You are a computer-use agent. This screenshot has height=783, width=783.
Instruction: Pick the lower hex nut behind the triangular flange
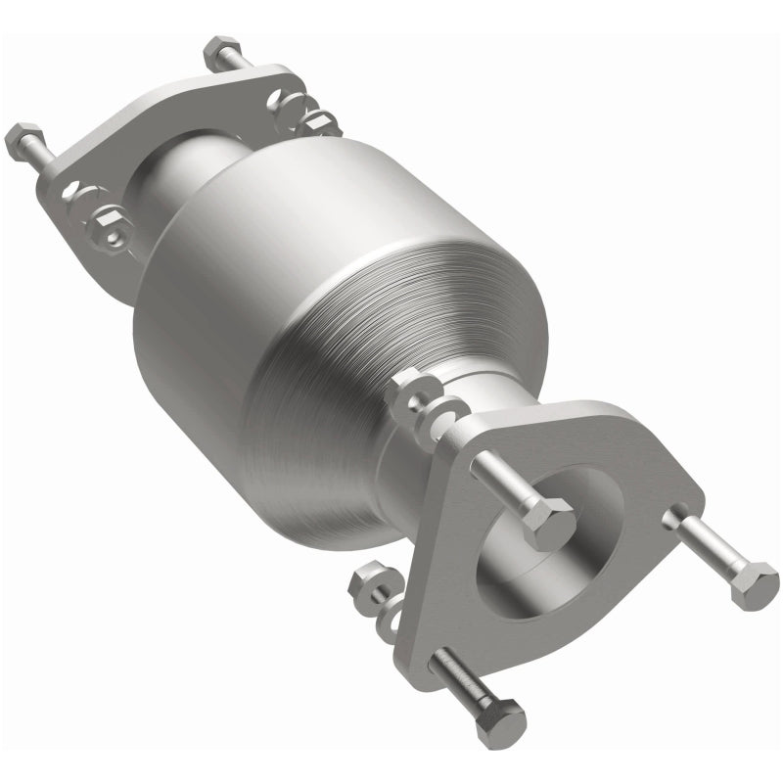coord(371,583)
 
